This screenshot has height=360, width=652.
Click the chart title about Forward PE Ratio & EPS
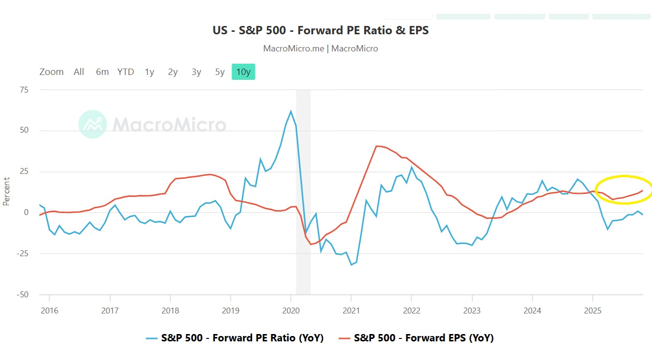pyautogui.click(x=321, y=30)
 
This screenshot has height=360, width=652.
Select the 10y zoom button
pyautogui.click(x=243, y=72)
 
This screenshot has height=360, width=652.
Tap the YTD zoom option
pyautogui.click(x=125, y=72)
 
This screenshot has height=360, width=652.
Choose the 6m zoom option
pyautogui.click(x=102, y=72)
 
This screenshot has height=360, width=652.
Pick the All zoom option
pyautogui.click(x=79, y=72)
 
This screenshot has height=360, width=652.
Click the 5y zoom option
pyautogui.click(x=220, y=72)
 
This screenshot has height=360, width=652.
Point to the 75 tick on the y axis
pyautogui.click(x=23, y=90)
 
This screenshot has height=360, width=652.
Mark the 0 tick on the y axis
pyautogui.click(x=25, y=213)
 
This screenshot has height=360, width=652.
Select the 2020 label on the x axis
pyautogui.click(x=291, y=311)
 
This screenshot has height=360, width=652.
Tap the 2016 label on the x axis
pyautogui.click(x=49, y=311)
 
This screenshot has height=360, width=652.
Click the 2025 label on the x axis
pyautogui.click(x=593, y=311)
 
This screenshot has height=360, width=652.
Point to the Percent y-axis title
pyautogui.click(x=6, y=191)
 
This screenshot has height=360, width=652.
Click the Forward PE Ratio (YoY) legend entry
pyautogui.click(x=242, y=338)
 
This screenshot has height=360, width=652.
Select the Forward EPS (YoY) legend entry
pyautogui.click(x=423, y=338)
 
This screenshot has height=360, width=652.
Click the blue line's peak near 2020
pyautogui.click(x=291, y=111)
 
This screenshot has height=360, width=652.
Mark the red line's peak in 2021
pyautogui.click(x=376, y=146)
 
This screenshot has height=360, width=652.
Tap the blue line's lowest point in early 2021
pyautogui.click(x=351, y=264)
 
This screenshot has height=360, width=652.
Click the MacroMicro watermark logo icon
pyautogui.click(x=93, y=124)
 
